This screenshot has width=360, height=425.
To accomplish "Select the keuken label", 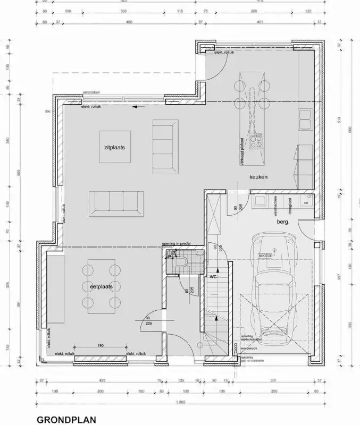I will pyautogui.click(x=258, y=177).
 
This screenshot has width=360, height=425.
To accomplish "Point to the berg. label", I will pyautogui.click(x=282, y=222).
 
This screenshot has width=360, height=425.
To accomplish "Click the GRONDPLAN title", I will pyautogui.click(x=66, y=419).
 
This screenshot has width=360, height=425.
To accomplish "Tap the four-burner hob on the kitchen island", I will pyautogui.click(x=258, y=141).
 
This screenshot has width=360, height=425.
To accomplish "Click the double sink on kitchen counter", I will pyautogui.click(x=305, y=119).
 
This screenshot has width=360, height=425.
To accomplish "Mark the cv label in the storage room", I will pyautogui.click(x=306, y=203).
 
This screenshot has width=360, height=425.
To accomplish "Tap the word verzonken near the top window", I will pyautogui.click(x=91, y=92).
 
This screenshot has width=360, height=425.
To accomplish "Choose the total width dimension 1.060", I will pyautogui.click(x=182, y=403).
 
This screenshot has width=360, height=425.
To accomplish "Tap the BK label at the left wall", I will pyautogui.click(x=48, y=112).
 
